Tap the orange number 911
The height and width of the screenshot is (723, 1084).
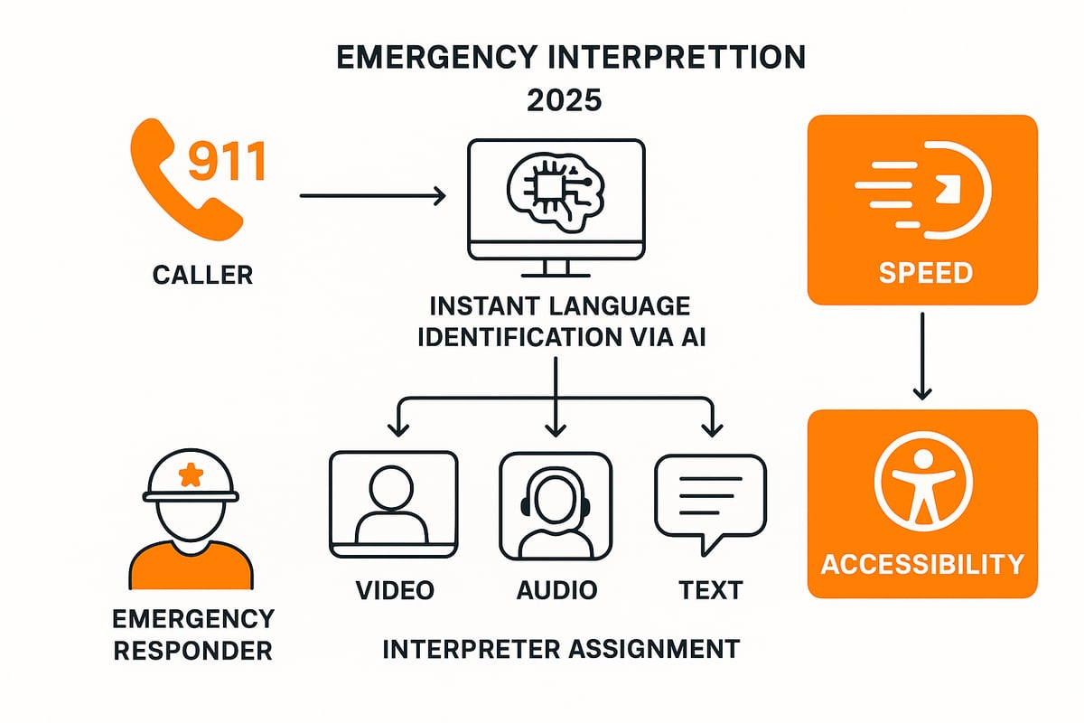(226, 162)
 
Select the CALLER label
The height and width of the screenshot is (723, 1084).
(202, 274)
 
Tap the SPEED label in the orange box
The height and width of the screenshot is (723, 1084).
(921, 273)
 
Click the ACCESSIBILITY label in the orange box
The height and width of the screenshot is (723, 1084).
(922, 565)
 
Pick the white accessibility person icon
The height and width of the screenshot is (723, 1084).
(922, 484)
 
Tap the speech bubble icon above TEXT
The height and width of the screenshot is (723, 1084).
(710, 500)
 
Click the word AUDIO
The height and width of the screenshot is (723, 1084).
(556, 590)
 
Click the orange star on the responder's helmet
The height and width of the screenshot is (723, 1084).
(191, 474)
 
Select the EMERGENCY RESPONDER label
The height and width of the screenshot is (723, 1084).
(192, 634)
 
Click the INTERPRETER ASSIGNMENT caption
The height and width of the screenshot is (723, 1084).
(561, 648)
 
